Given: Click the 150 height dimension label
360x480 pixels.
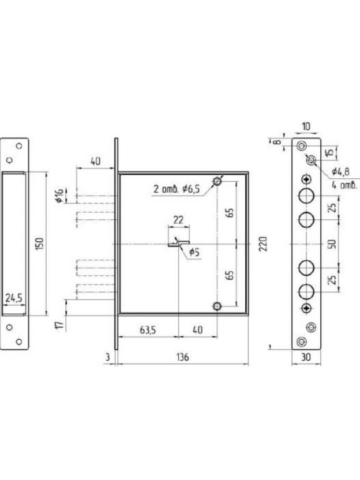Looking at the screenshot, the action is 40,243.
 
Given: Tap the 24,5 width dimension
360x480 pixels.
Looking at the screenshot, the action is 14,298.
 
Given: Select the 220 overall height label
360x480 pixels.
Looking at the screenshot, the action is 263,243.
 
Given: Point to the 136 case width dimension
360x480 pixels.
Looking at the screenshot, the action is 182,357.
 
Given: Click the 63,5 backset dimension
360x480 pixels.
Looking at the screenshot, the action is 148,331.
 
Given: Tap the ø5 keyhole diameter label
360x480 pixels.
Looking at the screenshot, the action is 194,253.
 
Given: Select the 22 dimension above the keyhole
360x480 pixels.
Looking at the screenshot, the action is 178,220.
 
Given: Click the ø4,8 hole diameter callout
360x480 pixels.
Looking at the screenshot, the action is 341,172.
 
